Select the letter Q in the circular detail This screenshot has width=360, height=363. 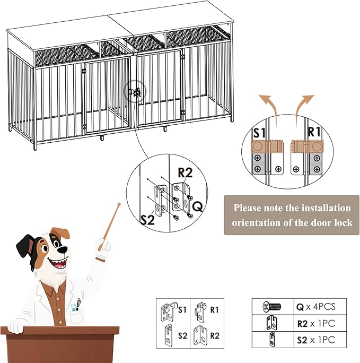click(x=196, y=205)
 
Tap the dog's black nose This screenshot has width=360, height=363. click(x=62, y=248)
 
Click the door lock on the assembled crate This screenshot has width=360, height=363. click(x=134, y=92)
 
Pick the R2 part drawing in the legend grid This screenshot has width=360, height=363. click(x=200, y=335)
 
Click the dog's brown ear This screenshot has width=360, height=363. click(x=59, y=233)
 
